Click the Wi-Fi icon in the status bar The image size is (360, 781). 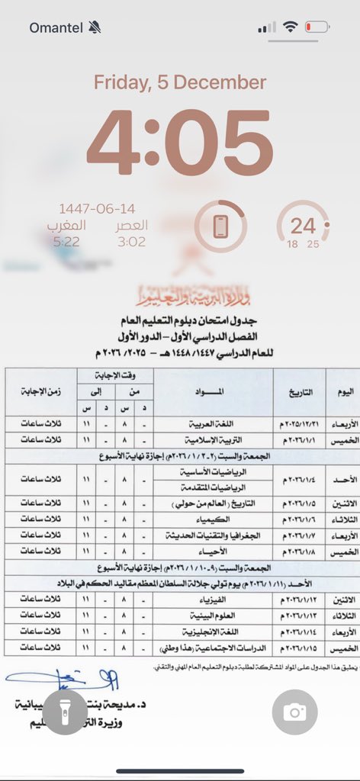[x=290, y=27]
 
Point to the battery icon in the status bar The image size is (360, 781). [x=315, y=27]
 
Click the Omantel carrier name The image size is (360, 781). [x=57, y=27]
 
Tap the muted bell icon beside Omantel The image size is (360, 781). [x=95, y=27]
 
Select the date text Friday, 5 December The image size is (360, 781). [x=180, y=82]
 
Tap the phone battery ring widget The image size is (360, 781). [x=220, y=226]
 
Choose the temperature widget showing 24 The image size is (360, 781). [x=303, y=226]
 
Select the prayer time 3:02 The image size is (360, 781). [x=131, y=241]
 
